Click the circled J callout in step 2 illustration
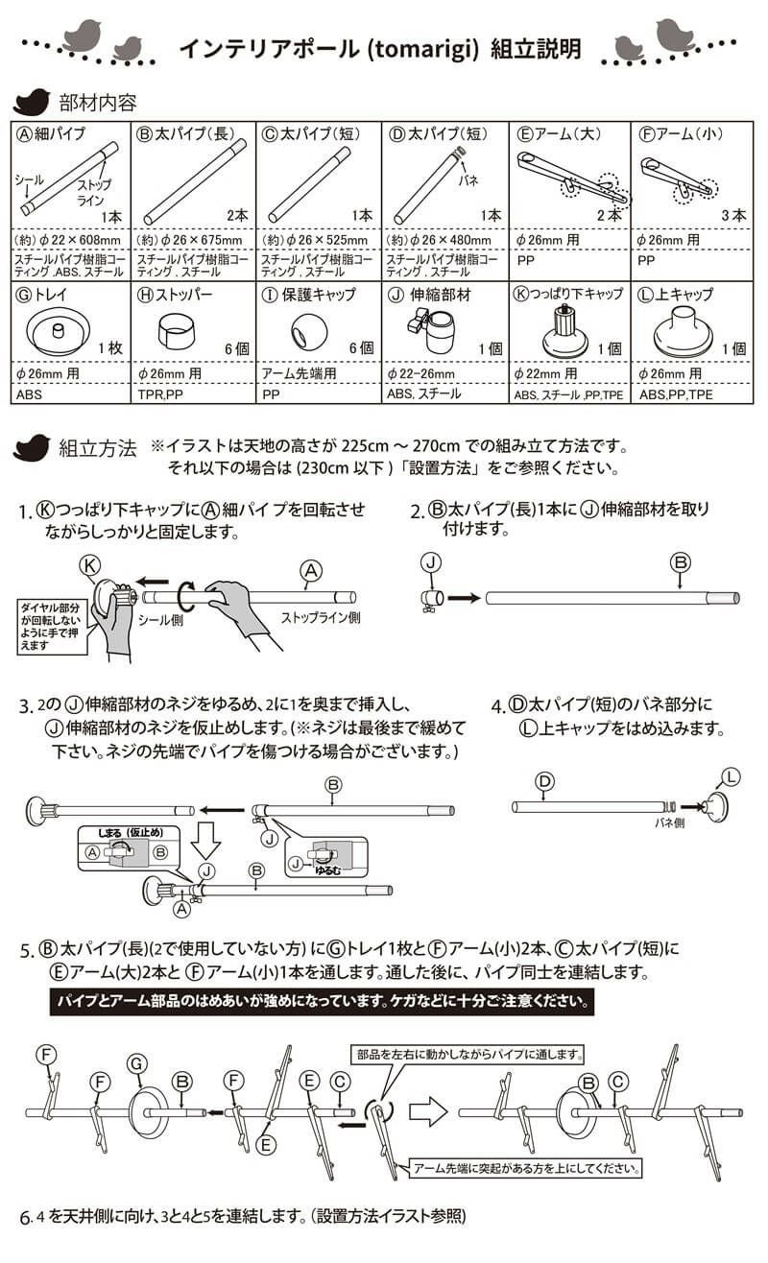(431, 560)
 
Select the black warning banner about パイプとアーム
(322, 1003)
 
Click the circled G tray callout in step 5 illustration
(138, 1063)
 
